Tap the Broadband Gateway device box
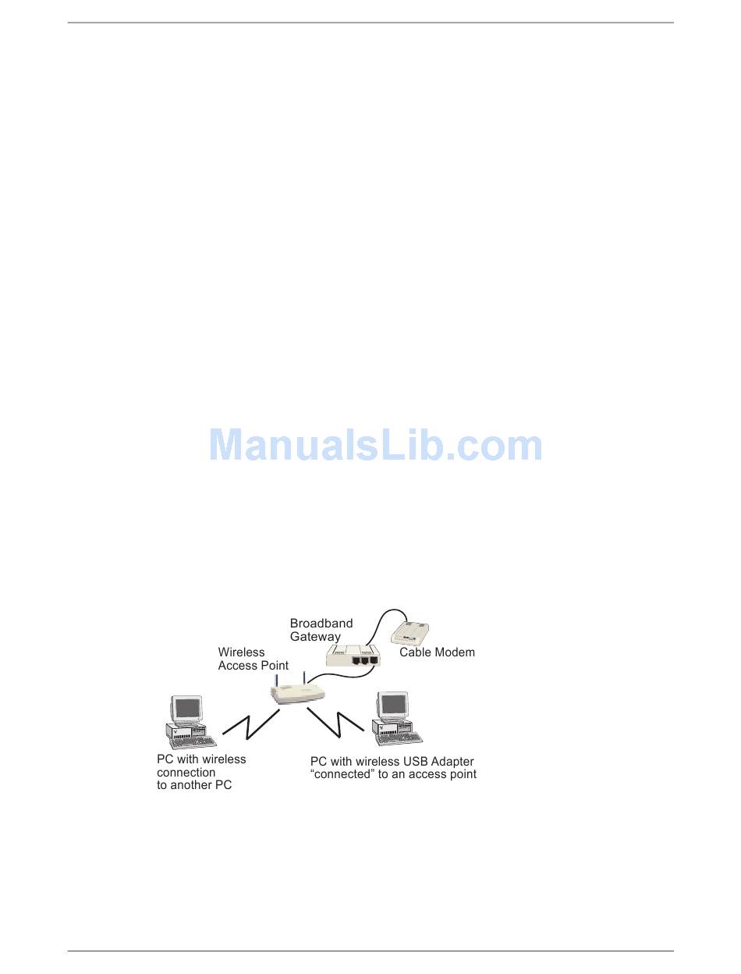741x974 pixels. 353,656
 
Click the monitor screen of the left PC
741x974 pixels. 188,708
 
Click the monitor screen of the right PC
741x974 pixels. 393,703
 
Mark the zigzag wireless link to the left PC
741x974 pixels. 250,724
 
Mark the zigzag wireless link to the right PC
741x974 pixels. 338,723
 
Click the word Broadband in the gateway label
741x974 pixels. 321,624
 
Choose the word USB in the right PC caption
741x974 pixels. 414,761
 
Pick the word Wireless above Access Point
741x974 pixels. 241,652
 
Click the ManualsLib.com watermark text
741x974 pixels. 376,446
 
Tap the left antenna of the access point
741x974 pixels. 277,676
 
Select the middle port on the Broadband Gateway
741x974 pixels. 363,659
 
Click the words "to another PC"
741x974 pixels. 194,785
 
